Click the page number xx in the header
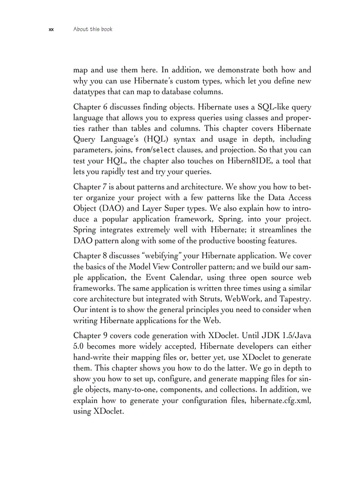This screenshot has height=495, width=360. coord(51,30)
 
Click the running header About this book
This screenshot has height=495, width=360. coord(93,30)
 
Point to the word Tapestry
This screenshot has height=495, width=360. coord(296,299)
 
